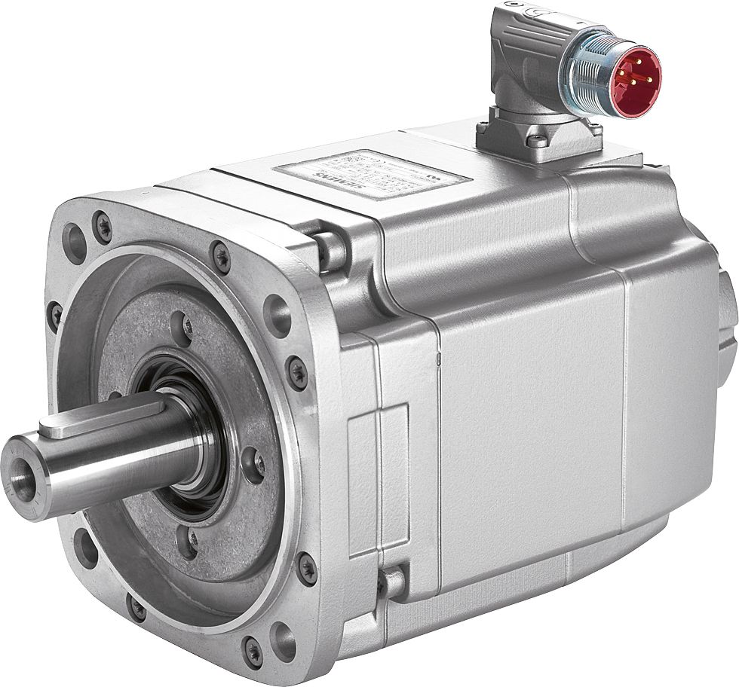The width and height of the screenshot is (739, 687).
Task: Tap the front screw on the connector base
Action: pyautogui.click(x=536, y=141)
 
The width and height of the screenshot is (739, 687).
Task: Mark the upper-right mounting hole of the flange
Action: pyautogui.click(x=278, y=315)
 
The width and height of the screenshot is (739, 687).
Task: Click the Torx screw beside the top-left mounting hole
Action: pyautogui.click(x=103, y=224)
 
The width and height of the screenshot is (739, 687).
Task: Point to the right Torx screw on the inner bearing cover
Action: pyautogui.click(x=254, y=466)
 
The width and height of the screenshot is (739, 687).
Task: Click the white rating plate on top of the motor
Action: pyautogui.click(x=373, y=174)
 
